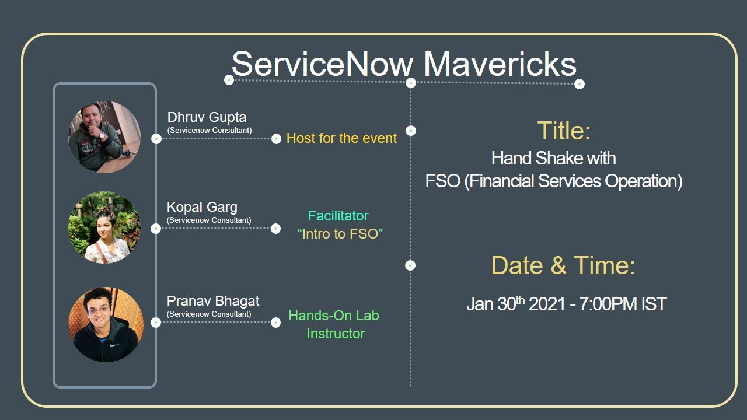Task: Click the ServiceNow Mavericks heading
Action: [x=404, y=64]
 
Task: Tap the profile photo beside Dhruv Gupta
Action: [x=104, y=137]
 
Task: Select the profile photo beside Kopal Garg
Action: [x=104, y=228]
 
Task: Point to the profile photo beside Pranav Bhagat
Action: [x=106, y=324]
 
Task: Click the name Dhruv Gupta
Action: [x=207, y=117]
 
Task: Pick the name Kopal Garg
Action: [x=202, y=207]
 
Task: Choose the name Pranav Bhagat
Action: [x=213, y=301]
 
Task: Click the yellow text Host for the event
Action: [x=341, y=138]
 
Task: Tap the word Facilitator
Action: [x=338, y=216]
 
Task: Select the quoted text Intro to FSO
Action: [x=340, y=235]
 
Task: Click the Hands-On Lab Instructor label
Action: [x=334, y=324]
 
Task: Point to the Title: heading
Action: [x=564, y=131]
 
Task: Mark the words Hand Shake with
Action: [x=553, y=158]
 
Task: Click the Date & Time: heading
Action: [x=563, y=265]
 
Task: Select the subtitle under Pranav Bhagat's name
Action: [x=209, y=314]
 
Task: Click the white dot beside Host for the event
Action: [x=276, y=139]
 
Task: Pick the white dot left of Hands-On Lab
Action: [x=276, y=323]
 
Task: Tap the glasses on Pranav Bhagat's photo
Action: [x=101, y=311]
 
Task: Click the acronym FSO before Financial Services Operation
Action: [x=442, y=181]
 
